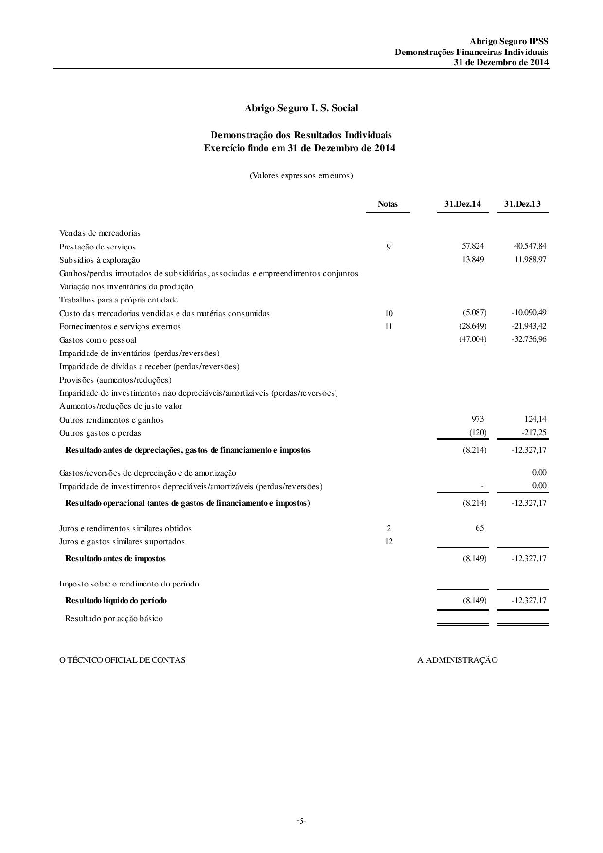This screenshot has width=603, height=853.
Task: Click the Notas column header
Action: [x=388, y=204]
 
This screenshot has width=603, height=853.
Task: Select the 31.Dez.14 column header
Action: [x=462, y=204]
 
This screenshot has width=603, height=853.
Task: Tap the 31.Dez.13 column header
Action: [x=522, y=204]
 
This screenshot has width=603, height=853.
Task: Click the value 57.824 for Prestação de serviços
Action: [x=473, y=246]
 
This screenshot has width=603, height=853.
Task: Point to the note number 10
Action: [x=389, y=314]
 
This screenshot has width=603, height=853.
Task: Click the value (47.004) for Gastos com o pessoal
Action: [x=473, y=339]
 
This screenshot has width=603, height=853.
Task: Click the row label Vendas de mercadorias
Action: [x=100, y=233]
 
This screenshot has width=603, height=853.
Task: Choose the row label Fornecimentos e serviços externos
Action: [x=120, y=327]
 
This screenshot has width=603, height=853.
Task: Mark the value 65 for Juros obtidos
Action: [x=479, y=528]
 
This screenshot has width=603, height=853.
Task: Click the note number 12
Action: [x=389, y=542]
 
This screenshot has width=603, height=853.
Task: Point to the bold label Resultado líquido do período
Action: [x=116, y=601]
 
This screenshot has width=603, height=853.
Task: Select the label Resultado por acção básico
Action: [x=114, y=619]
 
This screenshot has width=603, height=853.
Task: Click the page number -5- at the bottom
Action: [x=301, y=821]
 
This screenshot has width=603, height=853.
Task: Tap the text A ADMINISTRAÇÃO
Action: [x=457, y=660]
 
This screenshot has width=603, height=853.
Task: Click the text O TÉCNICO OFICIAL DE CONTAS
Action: [x=122, y=660]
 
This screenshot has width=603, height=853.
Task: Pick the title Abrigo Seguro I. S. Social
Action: [x=301, y=108]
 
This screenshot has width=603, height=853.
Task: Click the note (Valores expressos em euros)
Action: [x=301, y=176]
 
